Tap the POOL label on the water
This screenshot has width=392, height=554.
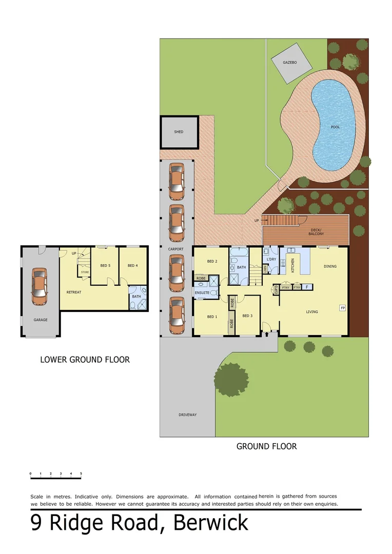[x=335, y=127]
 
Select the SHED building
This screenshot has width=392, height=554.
[x=179, y=132]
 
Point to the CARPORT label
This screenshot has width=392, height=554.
[x=176, y=249]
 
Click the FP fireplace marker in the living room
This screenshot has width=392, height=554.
[x=342, y=308]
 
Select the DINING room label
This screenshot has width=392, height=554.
[x=330, y=266]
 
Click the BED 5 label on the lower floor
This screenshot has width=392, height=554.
[x=106, y=265]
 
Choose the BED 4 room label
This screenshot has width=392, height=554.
[x=133, y=265]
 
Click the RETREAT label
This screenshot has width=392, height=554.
[x=74, y=292]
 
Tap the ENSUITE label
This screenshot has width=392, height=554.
[x=202, y=293]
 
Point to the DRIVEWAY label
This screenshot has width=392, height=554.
[x=188, y=414]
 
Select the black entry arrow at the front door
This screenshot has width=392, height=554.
[x=266, y=334]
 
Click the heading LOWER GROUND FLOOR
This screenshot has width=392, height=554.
[x=85, y=360]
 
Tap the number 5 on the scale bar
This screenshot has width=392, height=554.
[x=81, y=473]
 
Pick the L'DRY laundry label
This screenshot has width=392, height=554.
[x=271, y=260]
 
